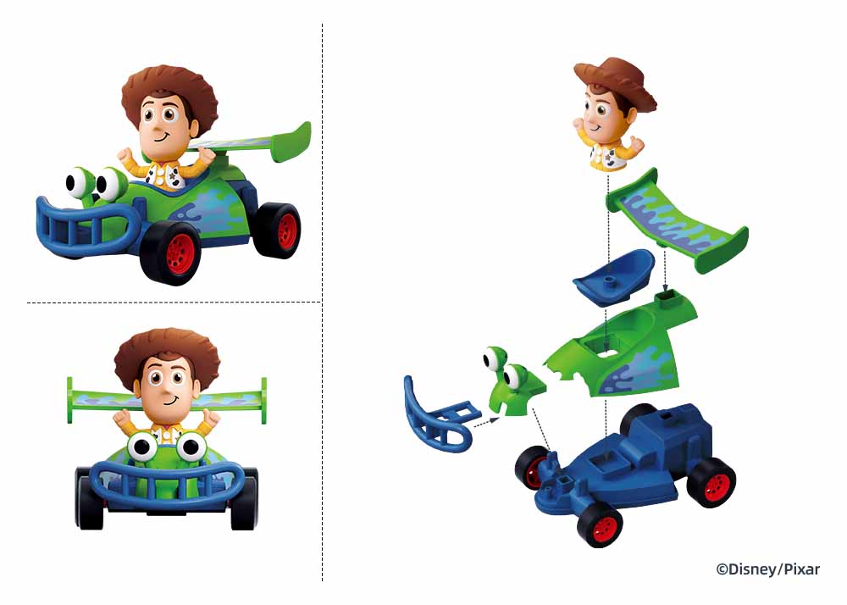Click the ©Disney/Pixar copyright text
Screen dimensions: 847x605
click(767, 569)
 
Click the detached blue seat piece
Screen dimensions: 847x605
click(613, 276)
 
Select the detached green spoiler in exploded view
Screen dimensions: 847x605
click(678, 221)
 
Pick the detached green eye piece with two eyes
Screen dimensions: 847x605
click(512, 380)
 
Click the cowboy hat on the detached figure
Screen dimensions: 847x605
click(616, 81)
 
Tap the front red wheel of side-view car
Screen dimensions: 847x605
click(173, 253)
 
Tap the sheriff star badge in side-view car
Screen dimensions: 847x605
click(173, 175)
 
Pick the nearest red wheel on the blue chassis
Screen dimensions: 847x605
click(600, 524)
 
